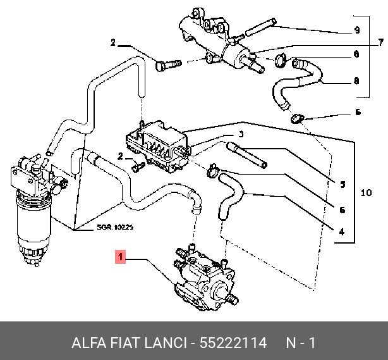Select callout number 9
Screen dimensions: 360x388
click(x=356, y=30)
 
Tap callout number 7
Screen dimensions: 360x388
click(x=381, y=43)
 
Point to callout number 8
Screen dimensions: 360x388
click(x=356, y=81)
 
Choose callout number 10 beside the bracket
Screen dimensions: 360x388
click(x=366, y=192)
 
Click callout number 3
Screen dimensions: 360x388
click(x=241, y=134)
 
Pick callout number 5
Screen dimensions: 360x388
click(x=342, y=185)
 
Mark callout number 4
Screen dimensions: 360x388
click(x=342, y=232)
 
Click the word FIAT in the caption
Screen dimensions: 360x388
click(x=130, y=344)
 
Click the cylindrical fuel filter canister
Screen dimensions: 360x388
click(x=30, y=218)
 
